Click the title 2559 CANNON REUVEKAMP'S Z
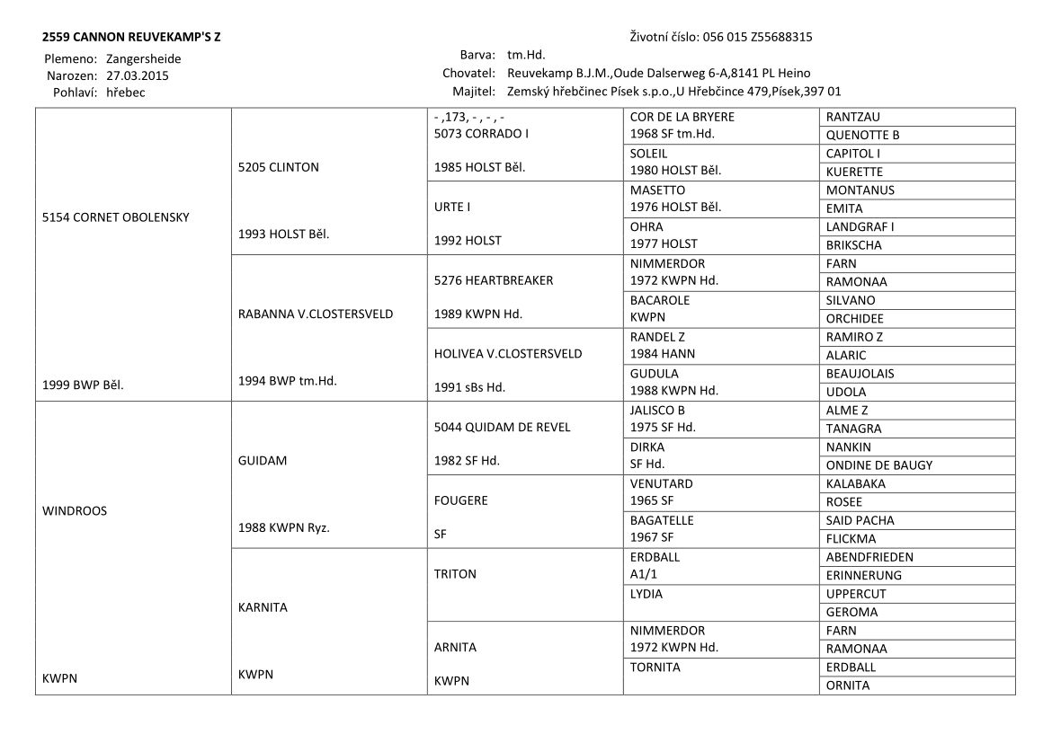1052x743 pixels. point(131,38)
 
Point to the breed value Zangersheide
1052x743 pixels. point(143,58)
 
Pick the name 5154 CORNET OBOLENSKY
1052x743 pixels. point(116,217)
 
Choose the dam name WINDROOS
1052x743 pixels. point(75,510)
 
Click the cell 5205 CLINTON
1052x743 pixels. point(279,166)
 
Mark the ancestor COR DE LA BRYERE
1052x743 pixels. point(682,117)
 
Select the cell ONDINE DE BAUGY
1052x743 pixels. point(879,465)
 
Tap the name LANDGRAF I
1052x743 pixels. point(860,226)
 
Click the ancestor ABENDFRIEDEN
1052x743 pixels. point(869,557)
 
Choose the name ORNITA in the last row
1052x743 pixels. point(848,686)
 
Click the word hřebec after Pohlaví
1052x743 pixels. point(126,92)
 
